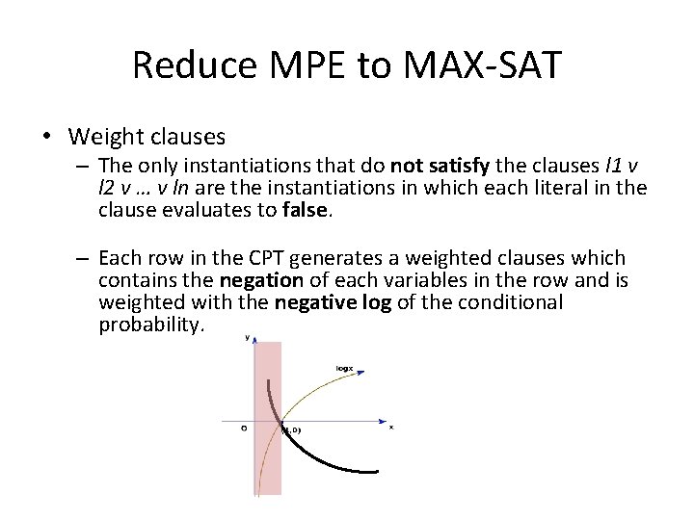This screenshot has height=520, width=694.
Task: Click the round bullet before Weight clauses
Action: point(48,137)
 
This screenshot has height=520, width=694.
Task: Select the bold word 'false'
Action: point(306,212)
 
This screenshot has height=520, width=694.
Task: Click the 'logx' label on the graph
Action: point(343,367)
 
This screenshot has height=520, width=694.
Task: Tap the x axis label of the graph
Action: point(390,427)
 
